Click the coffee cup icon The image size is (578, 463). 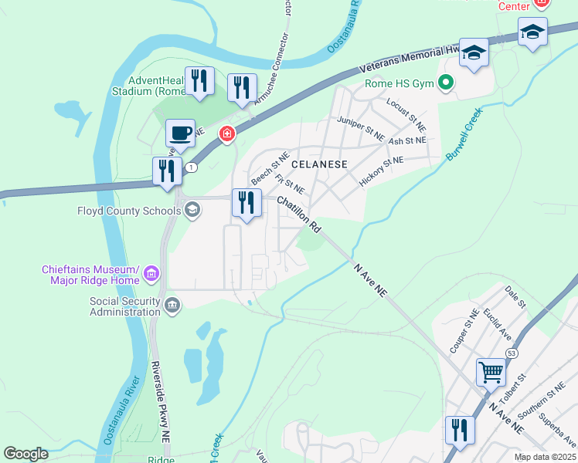[x=180, y=133]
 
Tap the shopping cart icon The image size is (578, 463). [x=491, y=373]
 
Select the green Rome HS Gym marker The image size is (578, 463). [x=446, y=82]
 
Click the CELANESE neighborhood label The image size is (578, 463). [x=319, y=164]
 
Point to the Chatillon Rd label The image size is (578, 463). [x=299, y=215]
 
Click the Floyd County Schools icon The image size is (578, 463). [x=192, y=210]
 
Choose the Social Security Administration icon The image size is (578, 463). [x=172, y=306]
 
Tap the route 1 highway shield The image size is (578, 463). [x=191, y=167]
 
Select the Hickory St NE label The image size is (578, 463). [x=381, y=171]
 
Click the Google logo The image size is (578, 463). [x=26, y=454]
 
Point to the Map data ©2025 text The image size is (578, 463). [x=544, y=457]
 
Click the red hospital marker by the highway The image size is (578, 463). [x=226, y=134]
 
